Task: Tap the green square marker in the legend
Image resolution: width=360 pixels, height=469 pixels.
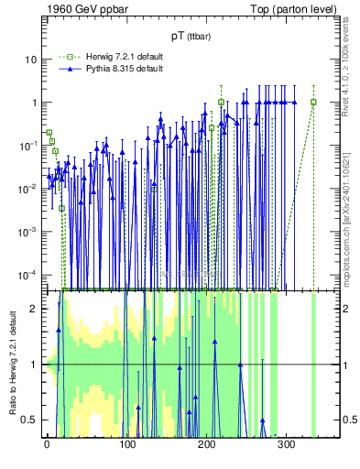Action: tap(66, 56)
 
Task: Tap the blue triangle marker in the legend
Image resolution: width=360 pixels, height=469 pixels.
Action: tap(66, 68)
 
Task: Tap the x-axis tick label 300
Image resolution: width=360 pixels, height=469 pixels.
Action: tap(286, 445)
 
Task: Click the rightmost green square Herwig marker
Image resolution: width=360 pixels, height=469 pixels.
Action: tap(313, 102)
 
